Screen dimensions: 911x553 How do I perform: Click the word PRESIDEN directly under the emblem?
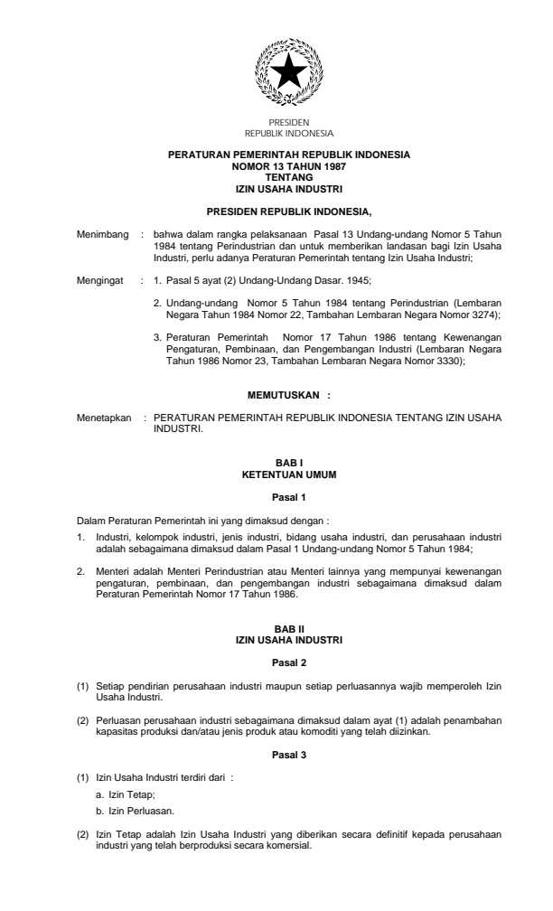tap(289, 120)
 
